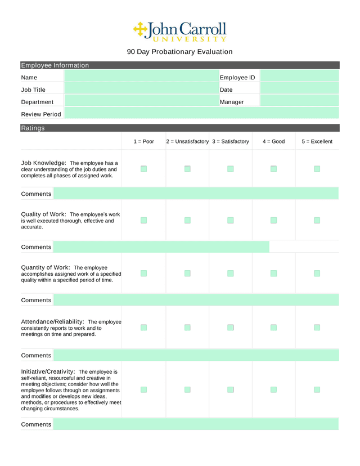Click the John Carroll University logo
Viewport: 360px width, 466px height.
click(179, 32)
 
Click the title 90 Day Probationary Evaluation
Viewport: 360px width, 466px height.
click(179, 52)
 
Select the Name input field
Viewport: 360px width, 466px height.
click(141, 77)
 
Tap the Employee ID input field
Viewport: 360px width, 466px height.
click(299, 77)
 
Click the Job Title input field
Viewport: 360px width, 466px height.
click(141, 89)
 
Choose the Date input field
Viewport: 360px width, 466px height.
click(299, 89)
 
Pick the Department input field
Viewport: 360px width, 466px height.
click(141, 102)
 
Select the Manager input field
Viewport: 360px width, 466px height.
click(299, 102)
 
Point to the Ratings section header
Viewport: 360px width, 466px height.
click(33, 128)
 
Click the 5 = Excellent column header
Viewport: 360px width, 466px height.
click(317, 141)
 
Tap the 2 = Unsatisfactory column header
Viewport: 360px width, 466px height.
click(187, 141)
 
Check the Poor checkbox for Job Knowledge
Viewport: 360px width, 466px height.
click(143, 169)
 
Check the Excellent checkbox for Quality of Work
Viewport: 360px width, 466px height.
click(317, 220)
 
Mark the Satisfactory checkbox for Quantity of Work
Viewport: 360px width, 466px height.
click(230, 274)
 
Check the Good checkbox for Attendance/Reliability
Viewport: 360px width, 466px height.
click(273, 327)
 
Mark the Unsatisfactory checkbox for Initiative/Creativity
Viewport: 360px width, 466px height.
click(187, 389)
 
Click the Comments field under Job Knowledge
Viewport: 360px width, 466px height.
click(196, 194)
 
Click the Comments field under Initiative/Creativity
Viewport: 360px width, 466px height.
click(196, 424)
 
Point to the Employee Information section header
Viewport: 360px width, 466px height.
click(55, 65)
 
